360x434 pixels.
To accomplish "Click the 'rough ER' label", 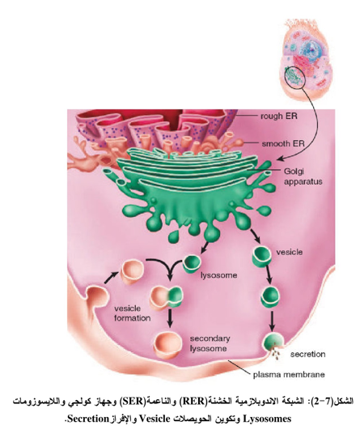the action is (x=279, y=116).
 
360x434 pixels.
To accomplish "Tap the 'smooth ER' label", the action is (x=283, y=143).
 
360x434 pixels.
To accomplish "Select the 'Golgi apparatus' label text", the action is (x=303, y=177).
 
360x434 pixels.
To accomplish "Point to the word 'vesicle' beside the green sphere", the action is (x=290, y=252).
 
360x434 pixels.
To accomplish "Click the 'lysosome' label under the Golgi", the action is (x=218, y=275).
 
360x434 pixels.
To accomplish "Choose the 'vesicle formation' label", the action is (x=132, y=313).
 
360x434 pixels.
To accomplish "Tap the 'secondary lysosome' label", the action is (x=210, y=343).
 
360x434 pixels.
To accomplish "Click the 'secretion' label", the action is (x=307, y=354).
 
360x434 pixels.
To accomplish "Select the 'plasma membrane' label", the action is (x=289, y=375).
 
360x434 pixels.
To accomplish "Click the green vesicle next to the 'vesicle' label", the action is (x=261, y=255).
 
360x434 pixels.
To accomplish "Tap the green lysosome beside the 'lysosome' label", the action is (x=192, y=264).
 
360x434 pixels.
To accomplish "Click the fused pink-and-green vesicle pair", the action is (x=167, y=297).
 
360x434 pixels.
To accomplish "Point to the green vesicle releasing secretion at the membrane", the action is (x=274, y=343).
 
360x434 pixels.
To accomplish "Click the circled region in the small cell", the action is (x=295, y=77).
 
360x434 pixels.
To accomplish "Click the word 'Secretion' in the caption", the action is (x=86, y=419).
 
